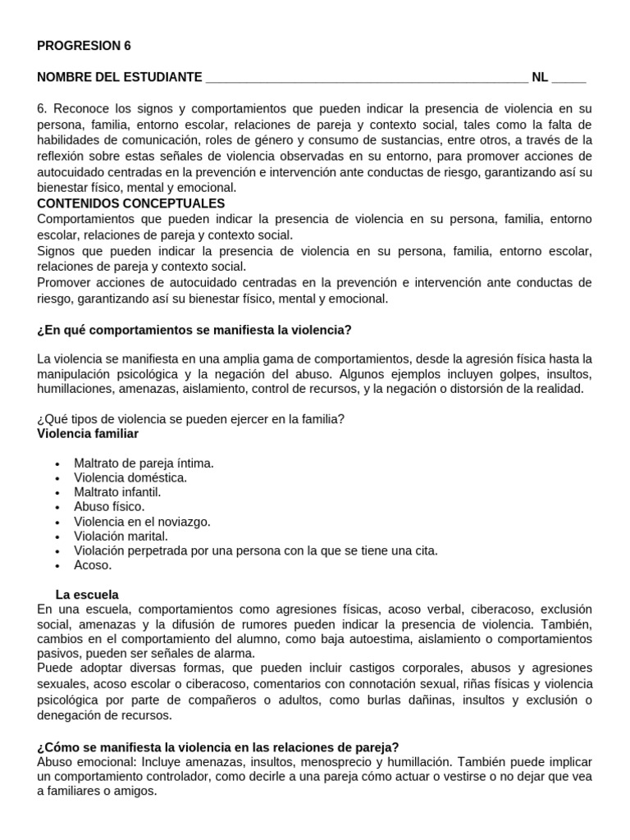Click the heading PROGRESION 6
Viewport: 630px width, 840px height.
click(84, 46)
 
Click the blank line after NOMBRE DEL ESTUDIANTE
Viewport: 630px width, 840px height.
click(367, 78)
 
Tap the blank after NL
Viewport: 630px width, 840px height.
click(569, 78)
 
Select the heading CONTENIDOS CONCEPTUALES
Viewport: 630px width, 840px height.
click(131, 203)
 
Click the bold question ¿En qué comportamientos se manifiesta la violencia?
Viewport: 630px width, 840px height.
click(194, 330)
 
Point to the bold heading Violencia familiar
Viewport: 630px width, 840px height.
click(88, 433)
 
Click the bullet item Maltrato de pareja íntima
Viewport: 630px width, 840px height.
click(144, 463)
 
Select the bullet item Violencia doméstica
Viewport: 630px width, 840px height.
click(130, 477)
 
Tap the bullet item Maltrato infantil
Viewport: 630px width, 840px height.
click(117, 492)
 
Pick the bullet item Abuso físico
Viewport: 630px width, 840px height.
click(109, 507)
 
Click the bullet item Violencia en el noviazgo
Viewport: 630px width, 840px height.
click(142, 522)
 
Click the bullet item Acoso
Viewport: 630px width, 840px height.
click(92, 565)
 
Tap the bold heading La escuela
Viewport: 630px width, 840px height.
click(87, 593)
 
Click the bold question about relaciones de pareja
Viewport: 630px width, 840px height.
click(218, 746)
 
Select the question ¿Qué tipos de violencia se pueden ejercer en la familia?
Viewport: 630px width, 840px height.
click(191, 418)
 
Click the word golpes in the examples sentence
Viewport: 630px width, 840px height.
click(472, 374)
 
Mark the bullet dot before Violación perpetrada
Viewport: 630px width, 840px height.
click(57, 551)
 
